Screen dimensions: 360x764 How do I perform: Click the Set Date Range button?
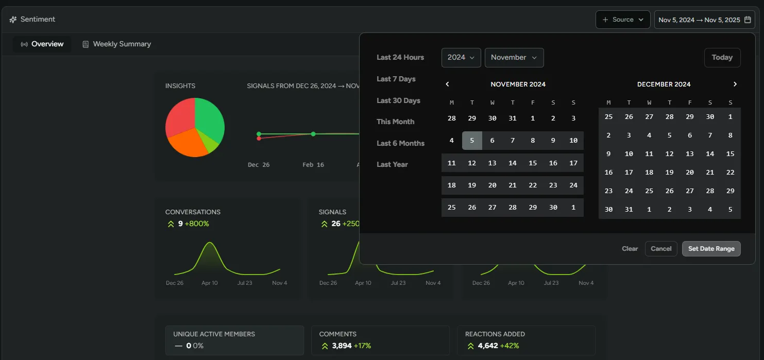pos(711,249)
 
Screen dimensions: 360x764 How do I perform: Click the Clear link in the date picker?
pos(630,249)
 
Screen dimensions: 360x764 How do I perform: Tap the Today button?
pos(722,58)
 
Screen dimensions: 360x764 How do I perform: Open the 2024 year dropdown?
pos(461,58)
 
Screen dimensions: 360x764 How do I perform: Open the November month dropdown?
pos(514,58)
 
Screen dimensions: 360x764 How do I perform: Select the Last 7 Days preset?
pos(396,79)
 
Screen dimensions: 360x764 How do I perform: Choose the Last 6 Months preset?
pos(400,143)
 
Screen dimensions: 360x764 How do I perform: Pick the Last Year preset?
pos(392,164)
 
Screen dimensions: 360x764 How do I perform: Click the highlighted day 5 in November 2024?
pos(472,141)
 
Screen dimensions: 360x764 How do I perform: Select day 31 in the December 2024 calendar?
pos(629,210)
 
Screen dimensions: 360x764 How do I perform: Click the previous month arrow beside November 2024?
pos(447,84)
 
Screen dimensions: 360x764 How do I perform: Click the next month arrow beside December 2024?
pos(735,84)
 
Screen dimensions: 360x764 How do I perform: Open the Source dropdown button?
pos(622,20)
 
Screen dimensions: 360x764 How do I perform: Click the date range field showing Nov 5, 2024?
pos(704,20)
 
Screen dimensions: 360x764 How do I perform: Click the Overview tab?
pos(42,44)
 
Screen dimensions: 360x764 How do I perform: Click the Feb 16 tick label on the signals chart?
pos(313,165)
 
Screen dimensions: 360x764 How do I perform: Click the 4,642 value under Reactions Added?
pos(487,346)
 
